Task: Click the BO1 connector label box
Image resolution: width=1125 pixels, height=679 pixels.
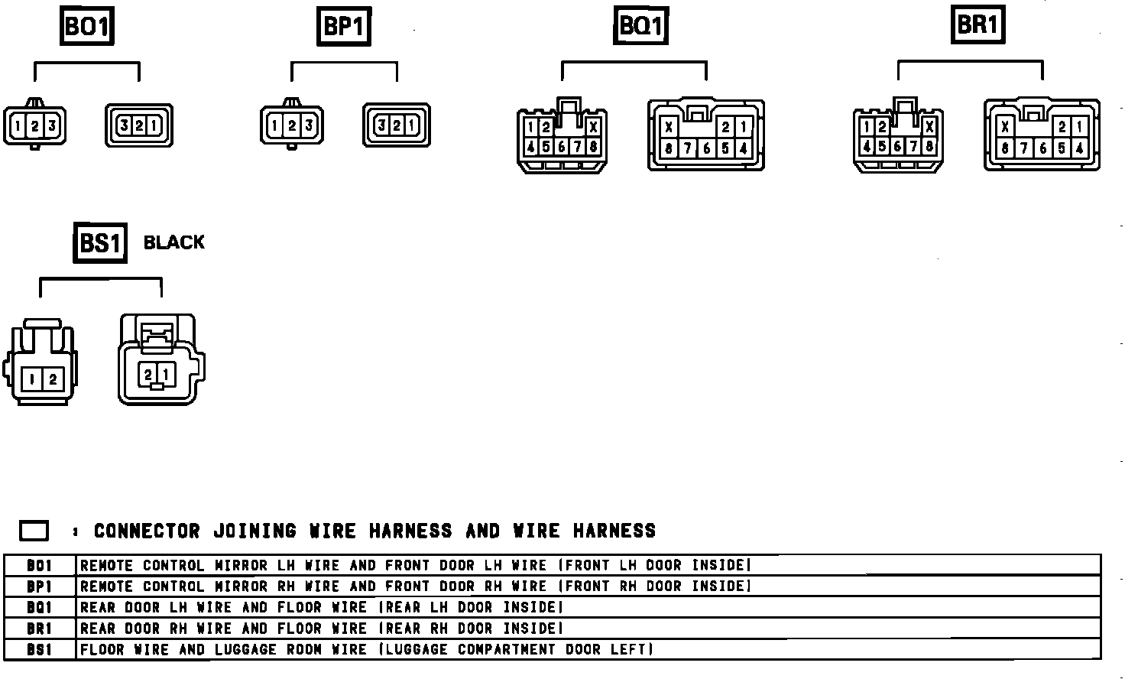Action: point(86,28)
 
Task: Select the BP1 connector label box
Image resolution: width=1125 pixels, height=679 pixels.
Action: point(343,28)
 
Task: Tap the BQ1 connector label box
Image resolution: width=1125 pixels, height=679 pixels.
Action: point(640,27)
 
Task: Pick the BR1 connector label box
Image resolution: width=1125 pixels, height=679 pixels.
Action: point(977,25)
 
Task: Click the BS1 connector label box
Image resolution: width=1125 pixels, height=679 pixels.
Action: point(100,243)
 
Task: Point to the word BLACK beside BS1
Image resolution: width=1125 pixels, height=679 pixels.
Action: point(174,242)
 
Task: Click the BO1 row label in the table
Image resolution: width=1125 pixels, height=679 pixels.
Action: point(40,566)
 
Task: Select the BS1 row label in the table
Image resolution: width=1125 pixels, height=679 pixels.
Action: point(40,650)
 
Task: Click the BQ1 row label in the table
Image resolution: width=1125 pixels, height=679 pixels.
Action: point(40,608)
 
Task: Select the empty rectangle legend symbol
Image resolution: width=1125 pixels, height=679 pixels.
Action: point(34,531)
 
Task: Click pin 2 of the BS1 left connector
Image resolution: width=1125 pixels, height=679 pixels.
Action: point(53,378)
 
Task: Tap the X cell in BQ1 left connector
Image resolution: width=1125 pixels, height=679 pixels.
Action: point(593,128)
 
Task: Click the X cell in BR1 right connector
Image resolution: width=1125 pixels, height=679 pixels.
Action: point(1006,128)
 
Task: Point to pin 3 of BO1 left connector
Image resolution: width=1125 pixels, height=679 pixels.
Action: point(51,125)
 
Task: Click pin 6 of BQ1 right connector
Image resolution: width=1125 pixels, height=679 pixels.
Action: point(706,149)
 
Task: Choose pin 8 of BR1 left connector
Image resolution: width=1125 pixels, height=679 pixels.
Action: point(929,146)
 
